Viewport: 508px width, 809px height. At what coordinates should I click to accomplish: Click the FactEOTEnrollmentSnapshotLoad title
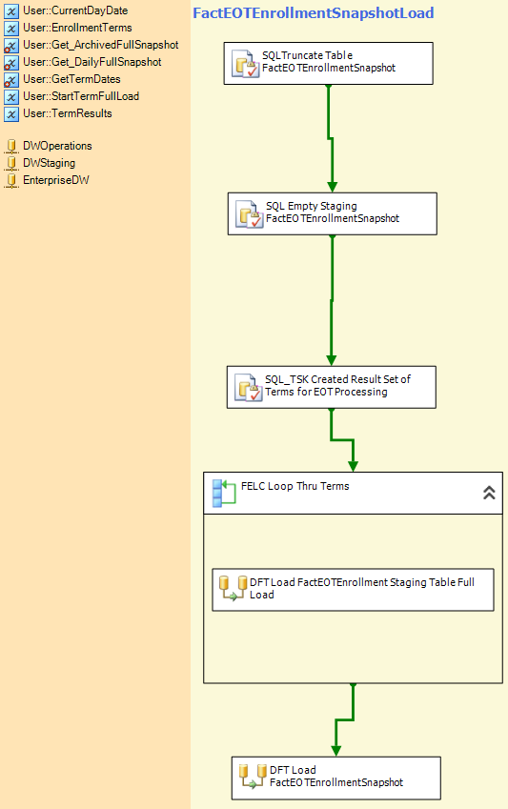pyautogui.click(x=314, y=13)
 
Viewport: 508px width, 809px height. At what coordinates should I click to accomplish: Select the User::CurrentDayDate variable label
pyautogui.click(x=75, y=10)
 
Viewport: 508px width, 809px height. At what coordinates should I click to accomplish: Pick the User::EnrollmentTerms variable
pyautogui.click(x=77, y=28)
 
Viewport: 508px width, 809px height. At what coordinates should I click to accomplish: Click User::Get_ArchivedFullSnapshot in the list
pyautogui.click(x=101, y=45)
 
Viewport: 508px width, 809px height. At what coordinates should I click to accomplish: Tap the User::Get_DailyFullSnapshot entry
pyautogui.click(x=92, y=62)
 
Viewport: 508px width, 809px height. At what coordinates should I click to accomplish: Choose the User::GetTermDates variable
pyautogui.click(x=71, y=79)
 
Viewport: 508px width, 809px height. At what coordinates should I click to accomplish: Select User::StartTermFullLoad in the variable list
pyautogui.click(x=81, y=96)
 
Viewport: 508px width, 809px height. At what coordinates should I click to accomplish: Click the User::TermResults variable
pyautogui.click(x=68, y=113)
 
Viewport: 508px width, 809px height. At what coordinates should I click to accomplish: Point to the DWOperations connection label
pyautogui.click(x=57, y=146)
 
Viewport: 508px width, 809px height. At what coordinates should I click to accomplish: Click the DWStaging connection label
pyautogui.click(x=49, y=163)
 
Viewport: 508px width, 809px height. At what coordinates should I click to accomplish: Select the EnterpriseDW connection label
pyautogui.click(x=56, y=180)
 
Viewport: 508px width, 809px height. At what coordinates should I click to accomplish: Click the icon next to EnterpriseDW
pyautogui.click(x=11, y=181)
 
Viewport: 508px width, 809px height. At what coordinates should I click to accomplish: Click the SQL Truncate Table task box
pyautogui.click(x=328, y=64)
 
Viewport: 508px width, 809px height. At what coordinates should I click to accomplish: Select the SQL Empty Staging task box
pyautogui.click(x=333, y=214)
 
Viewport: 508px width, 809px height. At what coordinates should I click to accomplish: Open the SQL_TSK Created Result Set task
pyautogui.click(x=332, y=388)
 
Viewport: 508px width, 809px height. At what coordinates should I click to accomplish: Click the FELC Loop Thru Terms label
pyautogui.click(x=295, y=486)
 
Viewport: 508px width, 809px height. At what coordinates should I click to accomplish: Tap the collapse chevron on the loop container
pyautogui.click(x=489, y=493)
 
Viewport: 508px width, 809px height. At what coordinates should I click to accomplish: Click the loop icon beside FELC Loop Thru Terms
pyautogui.click(x=224, y=494)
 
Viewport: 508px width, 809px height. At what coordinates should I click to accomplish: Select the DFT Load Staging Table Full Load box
pyautogui.click(x=353, y=590)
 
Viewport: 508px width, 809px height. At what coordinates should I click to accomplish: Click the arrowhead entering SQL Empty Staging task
pyautogui.click(x=332, y=188)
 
